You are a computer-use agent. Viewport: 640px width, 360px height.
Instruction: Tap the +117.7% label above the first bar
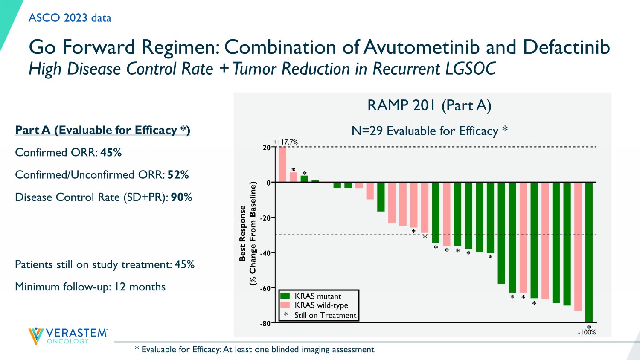285,142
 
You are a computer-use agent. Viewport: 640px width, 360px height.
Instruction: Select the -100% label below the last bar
587,332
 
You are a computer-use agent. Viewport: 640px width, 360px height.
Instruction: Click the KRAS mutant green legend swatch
285,296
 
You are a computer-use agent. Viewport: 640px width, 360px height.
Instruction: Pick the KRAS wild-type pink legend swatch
285,305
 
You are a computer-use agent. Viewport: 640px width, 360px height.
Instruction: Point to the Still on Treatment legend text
325,315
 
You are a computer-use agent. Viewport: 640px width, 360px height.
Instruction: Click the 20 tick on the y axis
267,148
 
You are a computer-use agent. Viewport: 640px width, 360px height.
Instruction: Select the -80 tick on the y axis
265,323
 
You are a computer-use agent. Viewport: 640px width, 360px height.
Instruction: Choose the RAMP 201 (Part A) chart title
429,105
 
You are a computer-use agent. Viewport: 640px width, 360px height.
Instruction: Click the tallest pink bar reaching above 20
282,164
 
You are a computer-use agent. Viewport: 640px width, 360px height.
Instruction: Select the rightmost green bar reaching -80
589,252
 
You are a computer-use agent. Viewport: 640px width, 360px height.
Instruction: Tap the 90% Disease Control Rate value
181,197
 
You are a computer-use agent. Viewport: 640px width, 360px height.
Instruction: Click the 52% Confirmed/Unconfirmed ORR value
178,175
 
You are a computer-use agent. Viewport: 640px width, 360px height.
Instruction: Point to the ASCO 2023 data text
70,18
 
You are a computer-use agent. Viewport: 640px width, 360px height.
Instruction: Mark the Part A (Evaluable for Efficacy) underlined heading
102,130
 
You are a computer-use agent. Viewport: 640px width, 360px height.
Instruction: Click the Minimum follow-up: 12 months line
90,287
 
